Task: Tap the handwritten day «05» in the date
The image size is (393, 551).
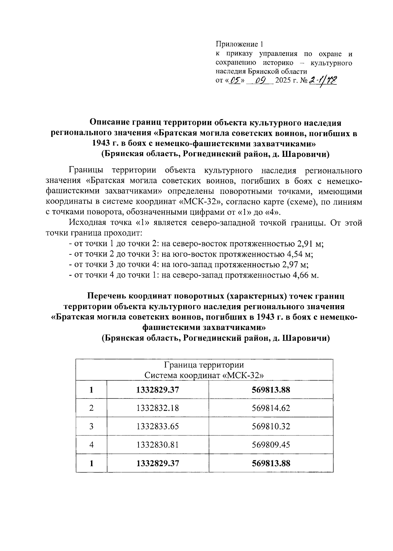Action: pos(235,80)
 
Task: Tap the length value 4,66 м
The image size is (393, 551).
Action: pos(304,275)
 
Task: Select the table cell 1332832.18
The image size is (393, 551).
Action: pos(158,408)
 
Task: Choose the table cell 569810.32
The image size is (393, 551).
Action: pos(271,426)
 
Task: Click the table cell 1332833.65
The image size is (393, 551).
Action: pos(158,426)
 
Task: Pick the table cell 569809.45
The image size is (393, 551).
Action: pos(271,445)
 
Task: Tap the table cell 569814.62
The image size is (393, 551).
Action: pos(271,408)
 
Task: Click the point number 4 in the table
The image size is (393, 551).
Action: pos(91,445)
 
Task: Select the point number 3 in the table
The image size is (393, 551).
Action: pos(91,426)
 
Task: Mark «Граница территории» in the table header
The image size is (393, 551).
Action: pos(204,365)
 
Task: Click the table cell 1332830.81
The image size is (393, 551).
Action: pos(158,445)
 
